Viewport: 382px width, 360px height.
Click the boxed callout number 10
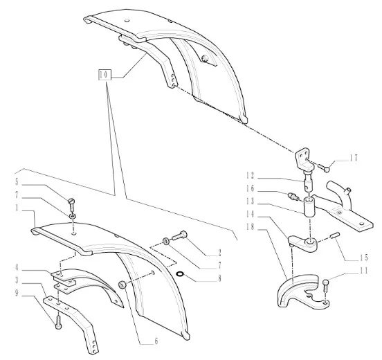[x=104, y=75]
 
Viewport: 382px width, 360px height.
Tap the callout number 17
[x=354, y=158]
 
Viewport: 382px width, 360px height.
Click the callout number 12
[x=250, y=175]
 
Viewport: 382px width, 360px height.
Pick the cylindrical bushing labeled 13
[x=309, y=207]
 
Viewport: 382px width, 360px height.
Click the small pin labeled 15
[x=334, y=235]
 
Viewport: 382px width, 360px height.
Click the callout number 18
[x=250, y=227]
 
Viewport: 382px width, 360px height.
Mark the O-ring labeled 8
[x=181, y=274]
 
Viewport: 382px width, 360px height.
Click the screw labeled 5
[x=72, y=205]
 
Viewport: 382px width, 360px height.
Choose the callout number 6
[x=156, y=341]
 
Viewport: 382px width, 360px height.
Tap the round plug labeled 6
[x=122, y=285]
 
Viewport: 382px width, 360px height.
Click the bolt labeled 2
[x=179, y=235]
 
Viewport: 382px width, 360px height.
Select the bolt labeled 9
[x=58, y=323]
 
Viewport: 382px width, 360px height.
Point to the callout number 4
[x=17, y=267]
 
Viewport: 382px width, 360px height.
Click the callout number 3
[x=17, y=280]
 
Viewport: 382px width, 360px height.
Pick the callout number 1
[x=17, y=208]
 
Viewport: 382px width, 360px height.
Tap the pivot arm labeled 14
[x=303, y=244]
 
